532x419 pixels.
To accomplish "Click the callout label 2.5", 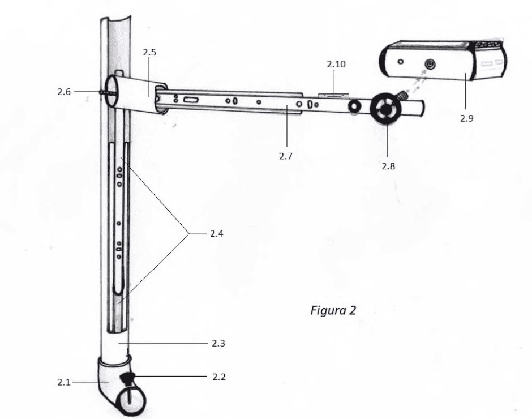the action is pos(149,52).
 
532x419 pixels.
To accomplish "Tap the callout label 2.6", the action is pos(64,92).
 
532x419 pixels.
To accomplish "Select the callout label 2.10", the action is pos(336,64).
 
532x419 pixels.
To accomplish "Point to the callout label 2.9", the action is pos(467,118).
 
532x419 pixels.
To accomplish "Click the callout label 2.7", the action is pos(286,156).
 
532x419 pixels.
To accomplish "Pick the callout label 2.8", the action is pos(388,166).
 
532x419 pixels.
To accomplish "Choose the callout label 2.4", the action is pos(216,234).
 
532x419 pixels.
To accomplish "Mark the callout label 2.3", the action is pos(218,343).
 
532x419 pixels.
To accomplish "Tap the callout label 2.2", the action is pos(219,377).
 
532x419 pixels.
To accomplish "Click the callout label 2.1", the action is pos(64,382).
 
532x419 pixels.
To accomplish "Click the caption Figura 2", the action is pos(333,310).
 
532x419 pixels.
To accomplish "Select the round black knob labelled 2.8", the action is pos(385,109).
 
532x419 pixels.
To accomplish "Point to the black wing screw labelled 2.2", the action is pos(127,378).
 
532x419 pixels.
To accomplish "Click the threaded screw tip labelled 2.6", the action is pos(103,92).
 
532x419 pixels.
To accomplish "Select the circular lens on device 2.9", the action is pos(431,64).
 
